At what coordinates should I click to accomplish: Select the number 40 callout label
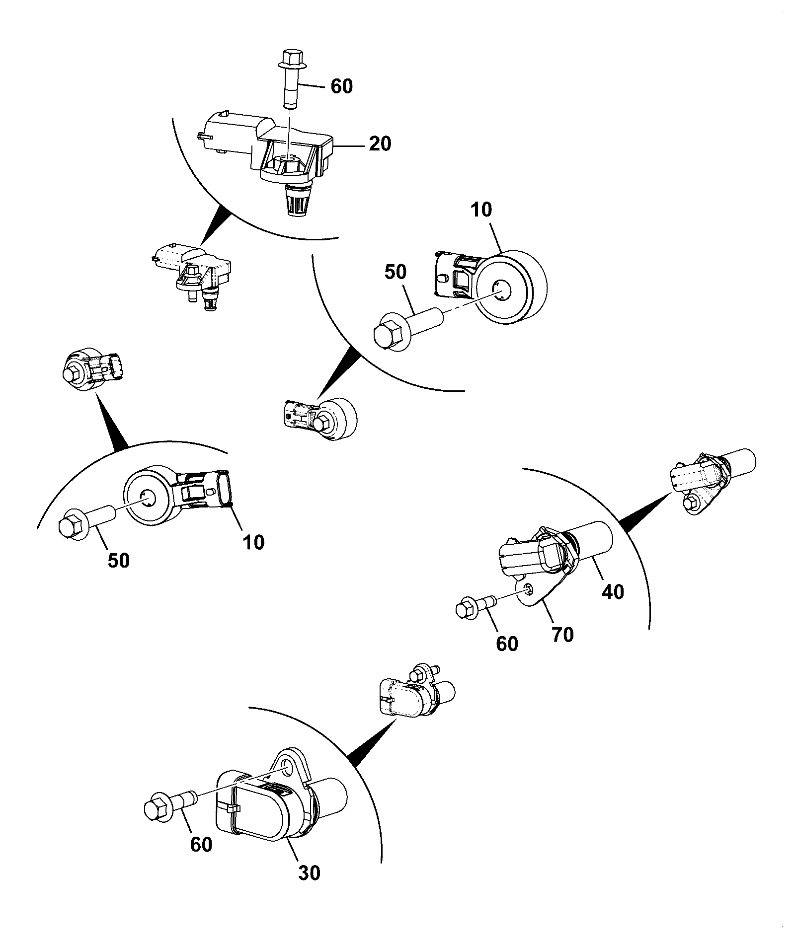tap(612, 591)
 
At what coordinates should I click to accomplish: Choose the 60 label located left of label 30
tap(201, 844)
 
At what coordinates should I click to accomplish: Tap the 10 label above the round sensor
tap(481, 210)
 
